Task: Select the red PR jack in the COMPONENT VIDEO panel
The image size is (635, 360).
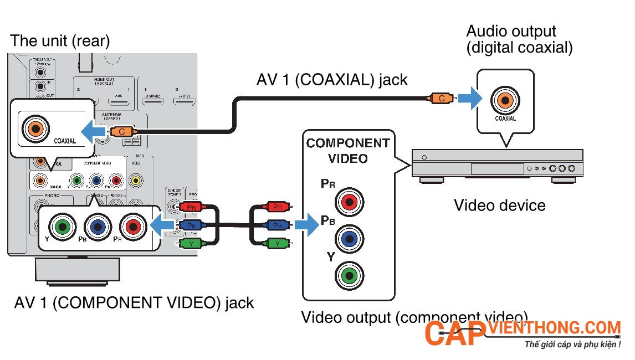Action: point(349,202)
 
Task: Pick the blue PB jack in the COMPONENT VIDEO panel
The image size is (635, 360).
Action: point(349,238)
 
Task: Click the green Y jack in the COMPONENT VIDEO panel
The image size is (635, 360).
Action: point(349,275)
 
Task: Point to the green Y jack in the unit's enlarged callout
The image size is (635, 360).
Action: point(63,225)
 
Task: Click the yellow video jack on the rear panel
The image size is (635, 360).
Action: point(135,180)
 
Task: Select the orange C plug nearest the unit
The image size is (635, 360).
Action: point(120,132)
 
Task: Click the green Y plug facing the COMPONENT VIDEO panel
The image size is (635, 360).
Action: point(276,243)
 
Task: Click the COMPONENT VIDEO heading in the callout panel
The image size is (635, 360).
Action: point(347,151)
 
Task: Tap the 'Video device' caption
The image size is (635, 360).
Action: point(499,205)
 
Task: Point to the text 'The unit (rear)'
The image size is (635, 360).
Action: point(60,40)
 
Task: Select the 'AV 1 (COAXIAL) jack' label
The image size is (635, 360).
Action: point(331,80)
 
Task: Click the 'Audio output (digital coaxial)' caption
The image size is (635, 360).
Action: point(519,39)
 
